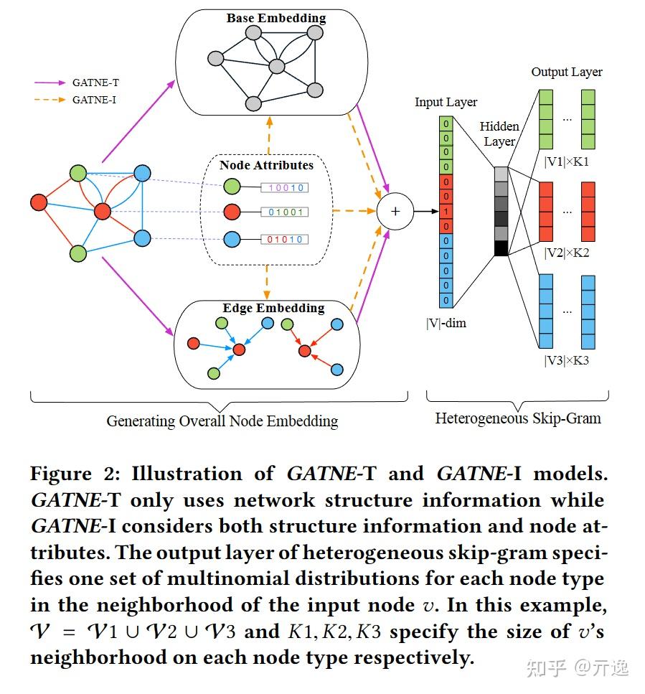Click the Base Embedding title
(276, 18)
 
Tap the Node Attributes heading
(266, 165)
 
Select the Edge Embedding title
(273, 308)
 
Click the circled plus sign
(394, 211)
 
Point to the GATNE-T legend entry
(95, 83)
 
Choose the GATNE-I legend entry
(94, 100)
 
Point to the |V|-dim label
(446, 323)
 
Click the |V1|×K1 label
(566, 161)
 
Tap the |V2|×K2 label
(566, 252)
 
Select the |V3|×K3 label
(566, 360)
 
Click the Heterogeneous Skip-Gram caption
(518, 418)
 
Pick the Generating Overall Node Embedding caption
(222, 421)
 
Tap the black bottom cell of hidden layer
(501, 248)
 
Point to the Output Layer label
(566, 72)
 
